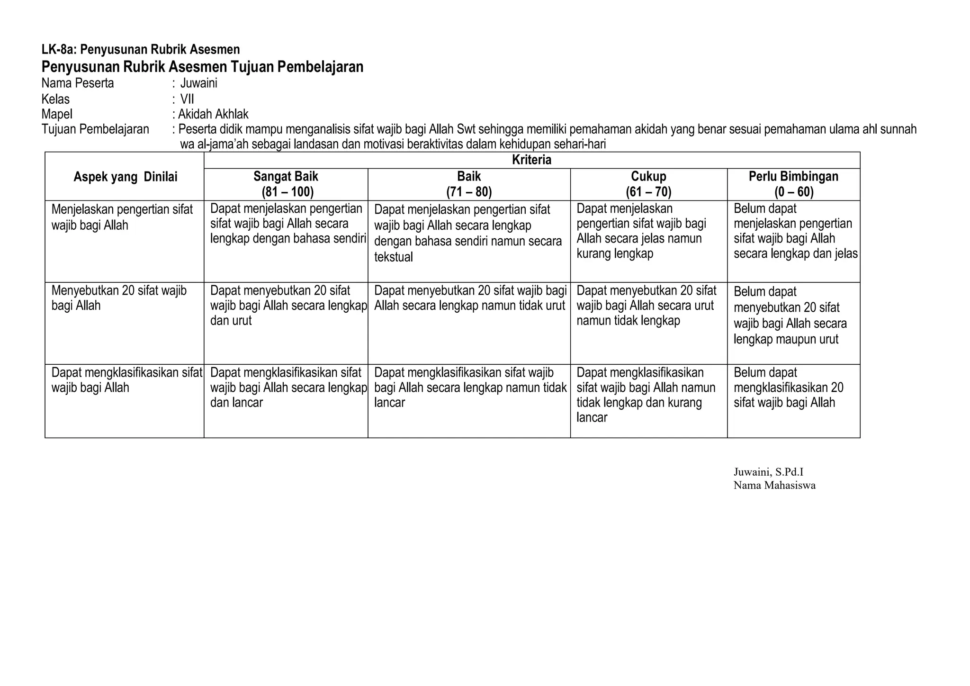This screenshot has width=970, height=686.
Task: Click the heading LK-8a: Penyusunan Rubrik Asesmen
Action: point(141,49)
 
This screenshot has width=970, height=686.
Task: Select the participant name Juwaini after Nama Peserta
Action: point(199,83)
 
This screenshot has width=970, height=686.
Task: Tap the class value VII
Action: point(187,99)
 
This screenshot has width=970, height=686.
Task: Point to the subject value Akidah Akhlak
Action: point(213,114)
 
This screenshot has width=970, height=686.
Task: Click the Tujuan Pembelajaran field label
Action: point(95,129)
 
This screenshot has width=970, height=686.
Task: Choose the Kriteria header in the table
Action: point(531,160)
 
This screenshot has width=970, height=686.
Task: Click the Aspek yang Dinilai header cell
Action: point(125,177)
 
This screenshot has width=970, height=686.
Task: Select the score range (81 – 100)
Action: point(286,192)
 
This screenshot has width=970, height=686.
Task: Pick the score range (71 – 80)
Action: point(469,192)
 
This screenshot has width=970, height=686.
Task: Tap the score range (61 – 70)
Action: point(648,192)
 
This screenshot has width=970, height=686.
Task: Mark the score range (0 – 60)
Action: point(793,192)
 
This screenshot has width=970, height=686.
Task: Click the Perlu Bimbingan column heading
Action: point(793,177)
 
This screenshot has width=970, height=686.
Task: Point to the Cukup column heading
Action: point(648,177)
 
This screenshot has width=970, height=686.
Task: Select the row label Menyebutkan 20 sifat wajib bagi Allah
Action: point(119,298)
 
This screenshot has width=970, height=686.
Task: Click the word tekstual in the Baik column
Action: point(394,257)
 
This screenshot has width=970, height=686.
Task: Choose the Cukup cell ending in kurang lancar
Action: point(646,395)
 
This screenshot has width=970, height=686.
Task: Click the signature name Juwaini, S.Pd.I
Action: point(768,472)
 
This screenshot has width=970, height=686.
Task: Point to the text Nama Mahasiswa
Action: point(774,485)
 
